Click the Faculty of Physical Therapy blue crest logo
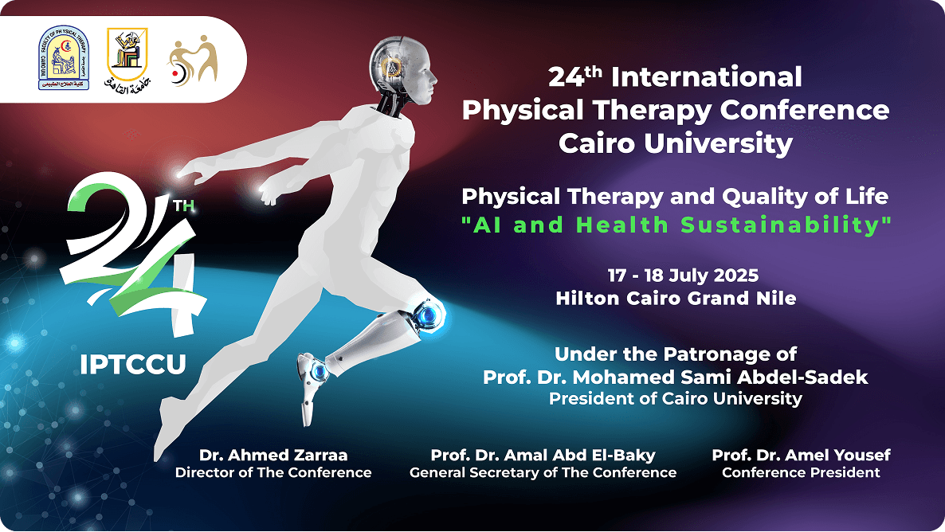click(x=63, y=58)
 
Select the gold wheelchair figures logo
click(x=192, y=61)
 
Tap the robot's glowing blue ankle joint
click(x=318, y=372)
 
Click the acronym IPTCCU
click(x=133, y=365)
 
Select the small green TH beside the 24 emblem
click(x=184, y=206)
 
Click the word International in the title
click(x=706, y=77)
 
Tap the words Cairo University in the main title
click(x=676, y=143)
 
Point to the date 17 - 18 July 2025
click(x=683, y=276)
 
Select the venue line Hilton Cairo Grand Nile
click(x=676, y=298)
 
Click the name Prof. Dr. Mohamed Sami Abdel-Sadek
click(x=676, y=377)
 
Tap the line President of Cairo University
click(x=676, y=399)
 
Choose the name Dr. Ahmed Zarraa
click(x=273, y=455)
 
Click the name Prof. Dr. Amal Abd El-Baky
click(x=543, y=455)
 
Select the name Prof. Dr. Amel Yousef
click(x=801, y=455)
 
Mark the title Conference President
click(x=801, y=472)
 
